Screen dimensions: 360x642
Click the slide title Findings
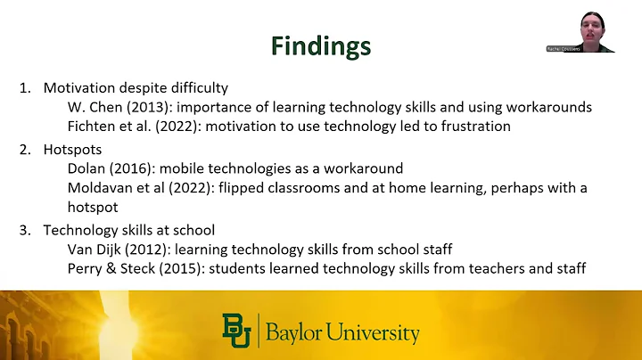320,45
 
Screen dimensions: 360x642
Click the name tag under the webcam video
562,49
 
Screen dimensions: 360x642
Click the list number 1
24,87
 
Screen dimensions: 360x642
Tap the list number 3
24,229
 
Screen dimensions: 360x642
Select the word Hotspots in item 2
71,150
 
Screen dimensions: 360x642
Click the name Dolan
86,168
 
